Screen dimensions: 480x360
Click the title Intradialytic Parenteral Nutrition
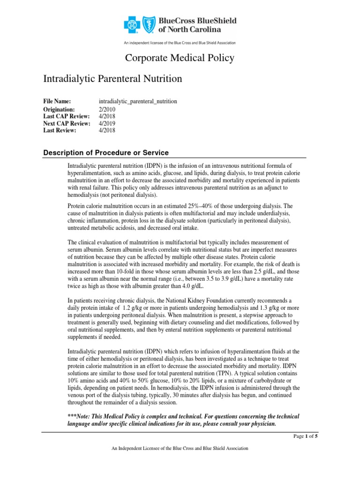[x=112, y=79]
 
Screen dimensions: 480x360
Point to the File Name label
[x=57, y=101]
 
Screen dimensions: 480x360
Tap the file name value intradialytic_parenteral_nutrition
[x=138, y=101]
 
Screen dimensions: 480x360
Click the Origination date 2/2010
[x=107, y=109]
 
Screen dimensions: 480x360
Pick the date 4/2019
[x=107, y=123]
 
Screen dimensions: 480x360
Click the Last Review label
[x=60, y=131]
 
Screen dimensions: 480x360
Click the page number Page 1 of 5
[x=305, y=436]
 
